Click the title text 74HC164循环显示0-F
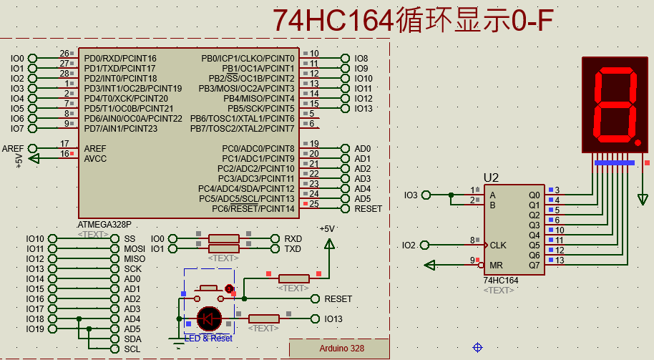pyautogui.click(x=414, y=21)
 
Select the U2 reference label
pyautogui.click(x=491, y=177)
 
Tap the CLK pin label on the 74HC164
pyautogui.click(x=498, y=245)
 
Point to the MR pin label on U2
pyautogui.click(x=496, y=265)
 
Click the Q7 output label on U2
pyautogui.click(x=534, y=265)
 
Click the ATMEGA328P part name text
pyautogui.click(x=104, y=224)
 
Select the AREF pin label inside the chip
pyautogui.click(x=95, y=148)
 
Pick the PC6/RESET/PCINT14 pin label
pyautogui.click(x=253, y=208)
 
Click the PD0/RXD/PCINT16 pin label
pyautogui.click(x=119, y=58)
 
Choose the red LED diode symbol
pyautogui.click(x=210, y=318)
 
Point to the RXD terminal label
pyautogui.click(x=293, y=239)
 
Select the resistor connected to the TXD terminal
pyautogui.click(x=223, y=249)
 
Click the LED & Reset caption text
pyautogui.click(x=208, y=338)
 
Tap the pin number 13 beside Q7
pyautogui.click(x=560, y=260)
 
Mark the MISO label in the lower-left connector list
pyautogui.click(x=135, y=259)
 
